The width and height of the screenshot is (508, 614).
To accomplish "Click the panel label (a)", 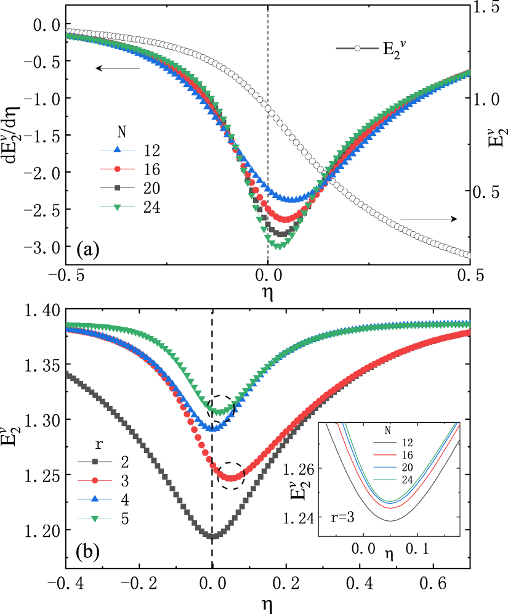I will pos(87,250).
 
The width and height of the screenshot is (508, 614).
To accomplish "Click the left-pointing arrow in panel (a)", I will pos(117,68).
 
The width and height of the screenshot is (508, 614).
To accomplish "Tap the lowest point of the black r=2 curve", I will pos(212,536).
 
